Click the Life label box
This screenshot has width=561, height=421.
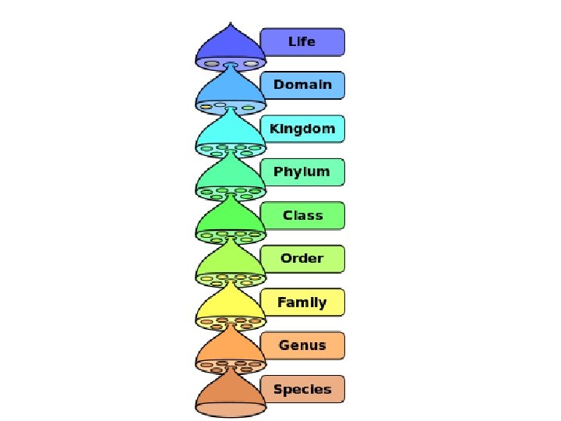[x=302, y=41]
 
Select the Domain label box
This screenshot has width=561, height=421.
[x=302, y=85]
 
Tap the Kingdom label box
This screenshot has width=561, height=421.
[x=302, y=129]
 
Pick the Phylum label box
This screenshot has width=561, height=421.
[x=302, y=172]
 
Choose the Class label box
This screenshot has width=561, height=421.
[x=302, y=216]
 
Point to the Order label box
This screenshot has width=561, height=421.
[x=302, y=259]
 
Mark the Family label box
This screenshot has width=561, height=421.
[x=302, y=302]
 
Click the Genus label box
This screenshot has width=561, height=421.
[x=302, y=346]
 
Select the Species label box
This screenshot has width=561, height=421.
[x=302, y=390]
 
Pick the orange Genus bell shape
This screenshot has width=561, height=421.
[x=231, y=349]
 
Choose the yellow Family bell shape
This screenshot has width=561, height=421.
[x=231, y=306]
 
